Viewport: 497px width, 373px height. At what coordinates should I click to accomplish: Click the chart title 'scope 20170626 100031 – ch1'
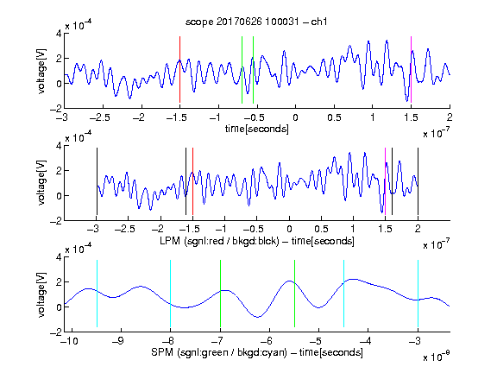coord(256,22)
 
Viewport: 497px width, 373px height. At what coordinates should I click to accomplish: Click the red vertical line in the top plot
coord(179,70)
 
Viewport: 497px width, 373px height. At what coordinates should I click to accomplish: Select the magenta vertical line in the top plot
coord(411,70)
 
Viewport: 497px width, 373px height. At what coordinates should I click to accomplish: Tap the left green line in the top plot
coord(242,70)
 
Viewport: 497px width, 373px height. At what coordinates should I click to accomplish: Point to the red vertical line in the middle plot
coord(192,181)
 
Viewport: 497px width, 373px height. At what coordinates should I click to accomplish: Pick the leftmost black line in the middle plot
coord(97,181)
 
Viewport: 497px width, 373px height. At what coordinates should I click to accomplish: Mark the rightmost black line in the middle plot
coord(418,181)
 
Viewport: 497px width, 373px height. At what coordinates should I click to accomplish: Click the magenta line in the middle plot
coord(385,181)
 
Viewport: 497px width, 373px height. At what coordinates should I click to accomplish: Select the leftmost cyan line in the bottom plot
coord(97,294)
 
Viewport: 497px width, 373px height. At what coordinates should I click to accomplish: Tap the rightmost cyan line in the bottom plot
coord(418,294)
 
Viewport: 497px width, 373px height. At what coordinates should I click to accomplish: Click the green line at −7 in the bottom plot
coord(220,294)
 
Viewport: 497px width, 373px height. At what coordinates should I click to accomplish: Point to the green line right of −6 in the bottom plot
coord(294,294)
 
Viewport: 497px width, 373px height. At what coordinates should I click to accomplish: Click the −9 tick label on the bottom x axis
coord(117,341)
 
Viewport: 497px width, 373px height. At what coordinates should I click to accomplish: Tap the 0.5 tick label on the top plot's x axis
coord(334,117)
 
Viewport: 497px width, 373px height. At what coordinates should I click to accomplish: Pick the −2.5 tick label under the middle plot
coord(125,229)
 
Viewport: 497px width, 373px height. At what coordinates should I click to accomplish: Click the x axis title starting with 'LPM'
coord(257,241)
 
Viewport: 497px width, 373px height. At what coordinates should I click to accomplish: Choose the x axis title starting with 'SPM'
coord(257,352)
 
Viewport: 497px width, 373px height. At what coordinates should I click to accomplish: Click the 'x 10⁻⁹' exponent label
coord(436,357)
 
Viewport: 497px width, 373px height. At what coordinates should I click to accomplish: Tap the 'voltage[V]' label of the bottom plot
coord(41,294)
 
